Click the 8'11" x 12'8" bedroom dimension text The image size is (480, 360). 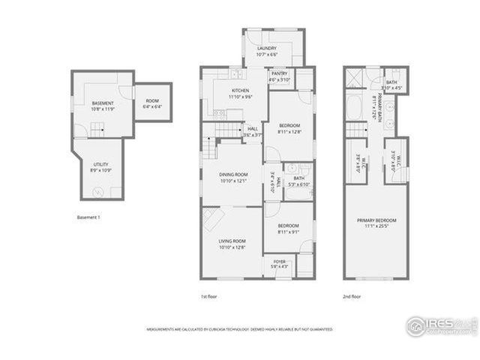[x=289, y=132]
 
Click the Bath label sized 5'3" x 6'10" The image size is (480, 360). [x=298, y=181]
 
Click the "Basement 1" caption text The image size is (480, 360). [x=89, y=217]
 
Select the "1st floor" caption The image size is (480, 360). [x=209, y=296]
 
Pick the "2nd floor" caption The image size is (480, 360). [x=352, y=296]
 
